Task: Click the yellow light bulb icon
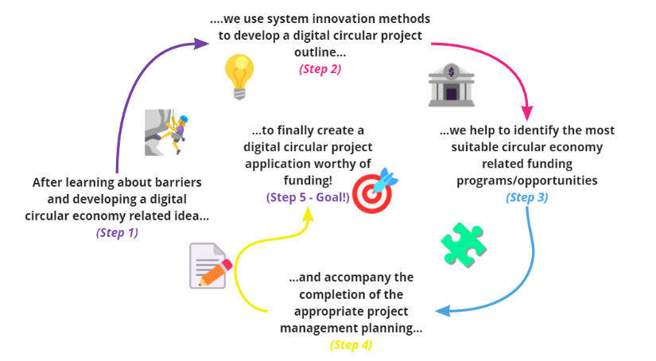pos(239,77)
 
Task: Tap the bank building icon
pos(451,85)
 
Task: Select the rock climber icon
pos(166,133)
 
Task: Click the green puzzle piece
pos(464,245)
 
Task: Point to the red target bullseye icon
pos(375,191)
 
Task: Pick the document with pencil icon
pos(211,266)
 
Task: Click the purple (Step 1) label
pos(117,232)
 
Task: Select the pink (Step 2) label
pos(320,69)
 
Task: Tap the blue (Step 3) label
pos(526,197)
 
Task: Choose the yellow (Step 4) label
pos(351,345)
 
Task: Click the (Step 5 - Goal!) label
pos(308,197)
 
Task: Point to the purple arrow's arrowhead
pos(201,44)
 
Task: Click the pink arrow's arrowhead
pos(527,113)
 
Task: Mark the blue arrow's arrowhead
pos(443,311)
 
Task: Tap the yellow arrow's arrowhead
pos(308,214)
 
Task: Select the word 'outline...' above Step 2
pos(320,52)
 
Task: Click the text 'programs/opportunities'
pos(526,180)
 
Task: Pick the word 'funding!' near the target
pos(308,180)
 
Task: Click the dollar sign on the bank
pos(451,72)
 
